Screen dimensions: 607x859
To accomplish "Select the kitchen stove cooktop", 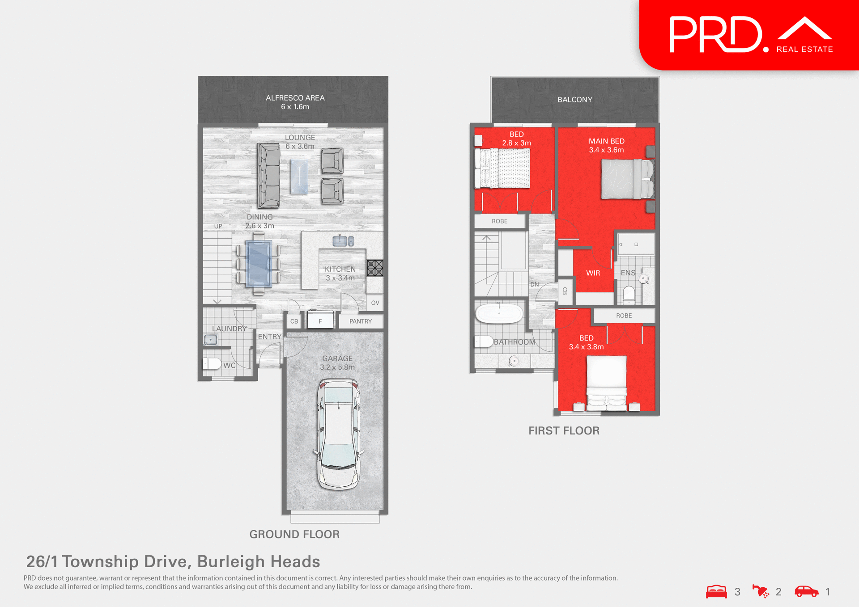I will point(375,268).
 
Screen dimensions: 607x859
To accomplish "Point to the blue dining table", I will point(259,264).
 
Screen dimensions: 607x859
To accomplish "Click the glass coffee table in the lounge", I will point(299,176).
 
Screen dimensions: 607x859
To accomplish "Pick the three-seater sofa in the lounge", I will point(268,176).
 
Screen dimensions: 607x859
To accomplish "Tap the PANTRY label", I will point(361,321).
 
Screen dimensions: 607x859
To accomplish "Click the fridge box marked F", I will point(320,320).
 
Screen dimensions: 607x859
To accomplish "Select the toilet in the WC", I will point(212,363).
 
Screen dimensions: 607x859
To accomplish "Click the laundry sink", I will point(210,340).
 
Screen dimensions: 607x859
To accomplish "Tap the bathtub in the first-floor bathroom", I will point(499,313).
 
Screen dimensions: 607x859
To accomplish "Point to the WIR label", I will point(593,273).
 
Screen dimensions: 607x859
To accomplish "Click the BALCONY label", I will point(574,100).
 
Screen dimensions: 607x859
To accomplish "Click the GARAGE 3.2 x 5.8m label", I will point(337,363).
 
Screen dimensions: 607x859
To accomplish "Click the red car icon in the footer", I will point(806,591).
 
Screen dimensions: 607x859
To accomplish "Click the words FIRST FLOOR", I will point(564,430).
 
